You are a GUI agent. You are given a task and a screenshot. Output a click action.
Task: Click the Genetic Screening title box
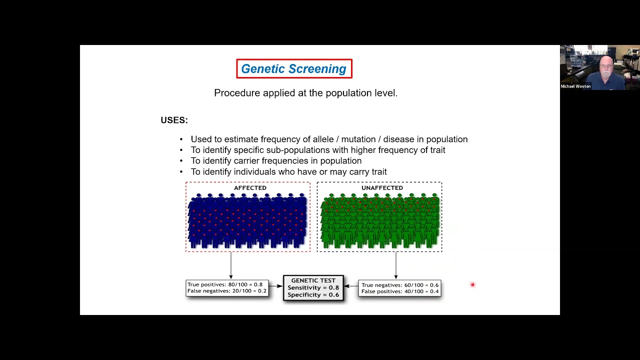coord(294,69)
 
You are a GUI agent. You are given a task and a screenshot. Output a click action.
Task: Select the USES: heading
coord(174,120)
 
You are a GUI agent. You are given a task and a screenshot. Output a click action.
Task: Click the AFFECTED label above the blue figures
coord(250,188)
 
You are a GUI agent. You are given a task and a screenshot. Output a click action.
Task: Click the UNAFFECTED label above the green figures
coord(382,188)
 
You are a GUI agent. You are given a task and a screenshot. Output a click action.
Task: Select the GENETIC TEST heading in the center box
coord(313,280)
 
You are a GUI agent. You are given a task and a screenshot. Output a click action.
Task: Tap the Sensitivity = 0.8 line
coord(313,287)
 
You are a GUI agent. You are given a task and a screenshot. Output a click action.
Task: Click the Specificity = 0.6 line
coord(313,294)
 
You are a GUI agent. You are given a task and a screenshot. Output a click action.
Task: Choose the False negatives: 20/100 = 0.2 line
coord(226,291)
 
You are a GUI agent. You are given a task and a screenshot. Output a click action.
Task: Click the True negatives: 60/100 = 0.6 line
coord(399,285)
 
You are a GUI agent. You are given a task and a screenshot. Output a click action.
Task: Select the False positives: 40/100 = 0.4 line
coord(399,291)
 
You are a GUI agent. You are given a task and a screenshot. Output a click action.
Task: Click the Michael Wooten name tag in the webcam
coord(575,86)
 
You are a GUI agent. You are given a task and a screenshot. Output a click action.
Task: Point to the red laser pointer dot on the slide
coord(472,285)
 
